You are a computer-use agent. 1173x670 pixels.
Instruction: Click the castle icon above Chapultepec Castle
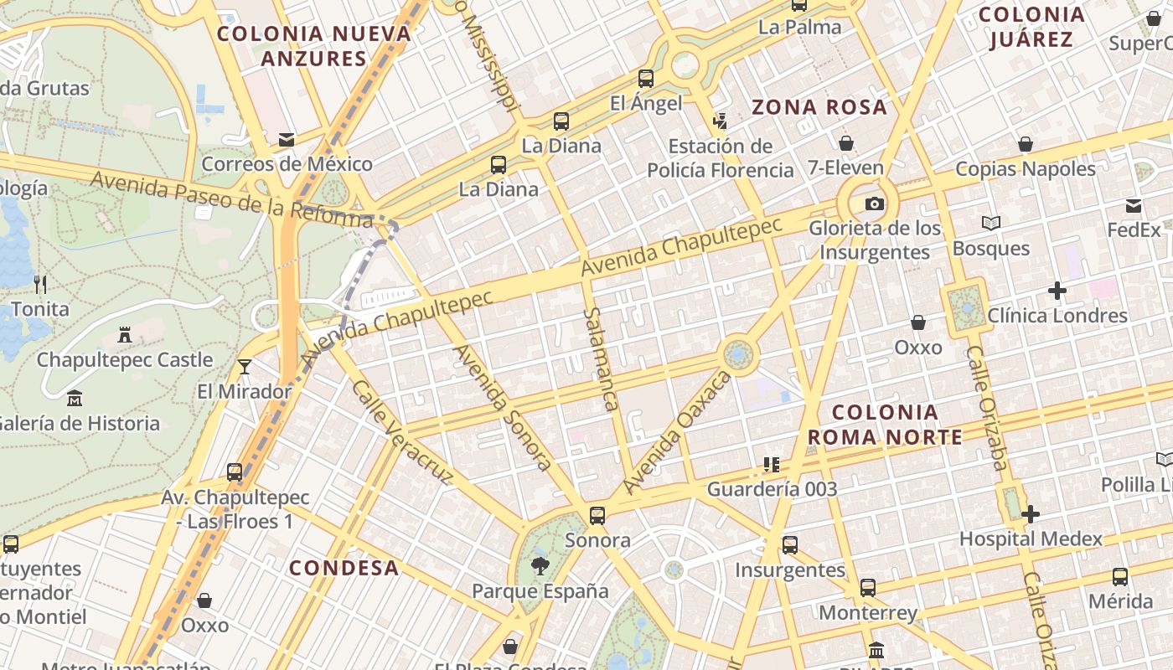tap(125, 335)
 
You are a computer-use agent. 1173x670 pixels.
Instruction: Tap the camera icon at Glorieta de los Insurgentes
tap(874, 204)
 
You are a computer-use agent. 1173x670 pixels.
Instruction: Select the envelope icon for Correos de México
tap(287, 140)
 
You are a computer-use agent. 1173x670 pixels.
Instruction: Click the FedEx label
tap(1134, 229)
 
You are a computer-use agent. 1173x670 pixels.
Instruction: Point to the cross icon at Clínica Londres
tap(1057, 291)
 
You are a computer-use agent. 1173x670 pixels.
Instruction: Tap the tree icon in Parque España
tap(540, 565)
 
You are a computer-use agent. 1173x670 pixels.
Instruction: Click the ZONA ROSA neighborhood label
tap(819, 107)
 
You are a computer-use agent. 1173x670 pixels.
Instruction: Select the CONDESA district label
tap(344, 568)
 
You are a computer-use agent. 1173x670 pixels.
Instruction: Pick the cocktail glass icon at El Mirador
tap(244, 367)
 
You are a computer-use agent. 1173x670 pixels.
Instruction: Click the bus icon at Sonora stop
tap(597, 515)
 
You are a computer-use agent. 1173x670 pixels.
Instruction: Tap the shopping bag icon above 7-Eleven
tap(845, 143)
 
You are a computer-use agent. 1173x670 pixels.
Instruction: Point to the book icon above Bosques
tap(991, 223)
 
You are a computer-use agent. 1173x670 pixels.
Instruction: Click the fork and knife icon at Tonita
tap(40, 284)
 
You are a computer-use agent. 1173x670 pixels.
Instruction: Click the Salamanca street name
tap(600, 359)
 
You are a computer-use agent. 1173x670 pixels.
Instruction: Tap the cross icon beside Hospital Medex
tap(1031, 514)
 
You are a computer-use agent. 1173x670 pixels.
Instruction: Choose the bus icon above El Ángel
tap(645, 79)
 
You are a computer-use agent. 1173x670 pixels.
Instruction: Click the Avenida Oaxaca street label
tap(677, 432)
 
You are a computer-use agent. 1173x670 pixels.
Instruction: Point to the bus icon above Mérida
tap(1120, 576)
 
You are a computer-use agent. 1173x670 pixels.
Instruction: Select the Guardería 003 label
tap(772, 488)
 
